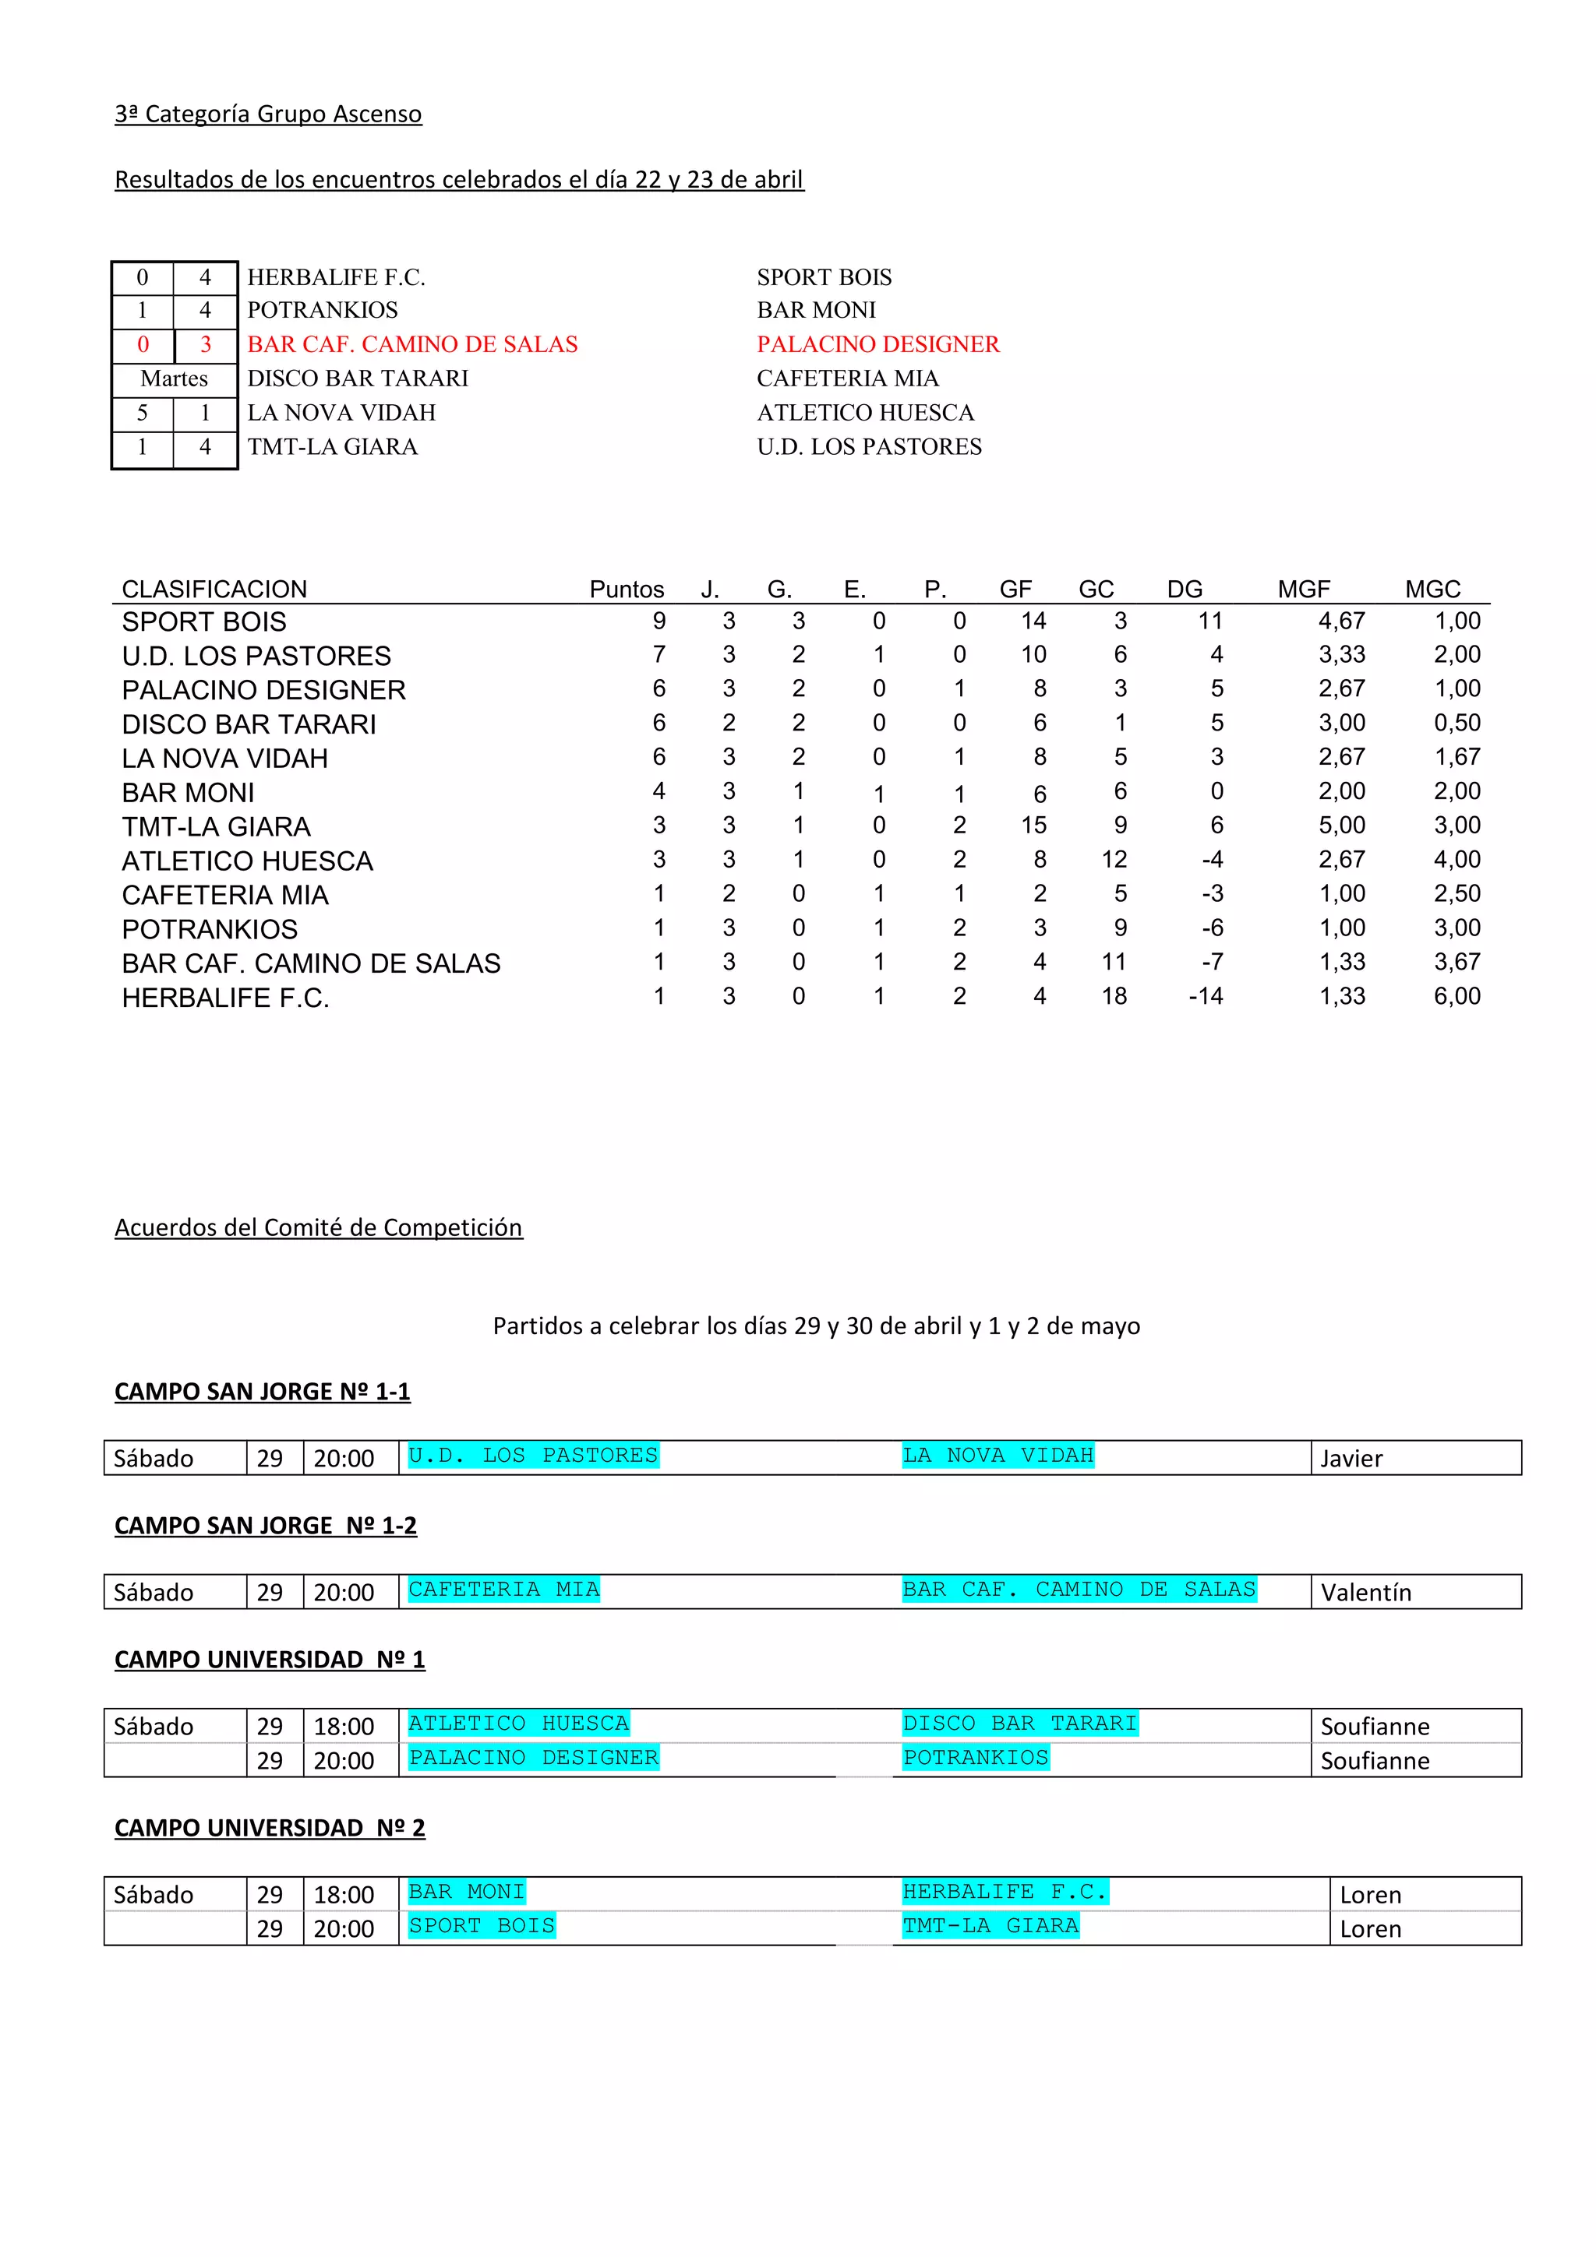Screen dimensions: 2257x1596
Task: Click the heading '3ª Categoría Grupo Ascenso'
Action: [267, 114]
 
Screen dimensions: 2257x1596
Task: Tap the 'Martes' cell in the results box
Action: [174, 379]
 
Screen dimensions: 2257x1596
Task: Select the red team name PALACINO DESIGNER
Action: [877, 344]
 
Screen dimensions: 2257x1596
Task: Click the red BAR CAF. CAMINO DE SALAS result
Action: [412, 344]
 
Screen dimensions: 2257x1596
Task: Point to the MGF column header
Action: [1303, 589]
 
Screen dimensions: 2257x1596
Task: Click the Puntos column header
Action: [627, 589]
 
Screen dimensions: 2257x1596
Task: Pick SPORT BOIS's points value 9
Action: [659, 621]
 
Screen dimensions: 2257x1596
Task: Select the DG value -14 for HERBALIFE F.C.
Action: [1206, 996]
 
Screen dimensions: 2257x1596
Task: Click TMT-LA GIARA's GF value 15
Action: [1033, 826]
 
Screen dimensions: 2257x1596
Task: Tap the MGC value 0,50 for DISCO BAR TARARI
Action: [1457, 724]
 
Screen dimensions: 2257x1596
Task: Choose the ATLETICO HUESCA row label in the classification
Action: [247, 861]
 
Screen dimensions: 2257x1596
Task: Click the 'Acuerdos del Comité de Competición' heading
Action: [319, 1227]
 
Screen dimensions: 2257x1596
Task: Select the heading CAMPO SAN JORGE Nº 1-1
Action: [263, 1392]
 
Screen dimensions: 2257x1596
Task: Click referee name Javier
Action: [1351, 1459]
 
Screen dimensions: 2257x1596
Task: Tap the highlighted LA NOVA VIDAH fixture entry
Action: [997, 1456]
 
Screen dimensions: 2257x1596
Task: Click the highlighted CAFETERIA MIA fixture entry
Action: [503, 1590]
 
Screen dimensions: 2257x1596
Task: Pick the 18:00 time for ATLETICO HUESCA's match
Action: [343, 1727]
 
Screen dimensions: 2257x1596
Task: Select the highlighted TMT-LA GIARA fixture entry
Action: [990, 1926]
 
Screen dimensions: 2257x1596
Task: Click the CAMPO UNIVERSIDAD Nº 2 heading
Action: [270, 1829]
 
